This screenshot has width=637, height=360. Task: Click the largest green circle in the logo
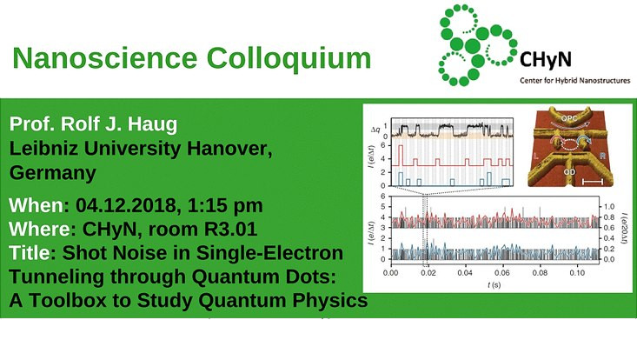click(x=474, y=44)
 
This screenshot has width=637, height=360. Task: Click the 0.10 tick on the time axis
click(x=575, y=273)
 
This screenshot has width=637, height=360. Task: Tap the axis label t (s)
click(x=492, y=284)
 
